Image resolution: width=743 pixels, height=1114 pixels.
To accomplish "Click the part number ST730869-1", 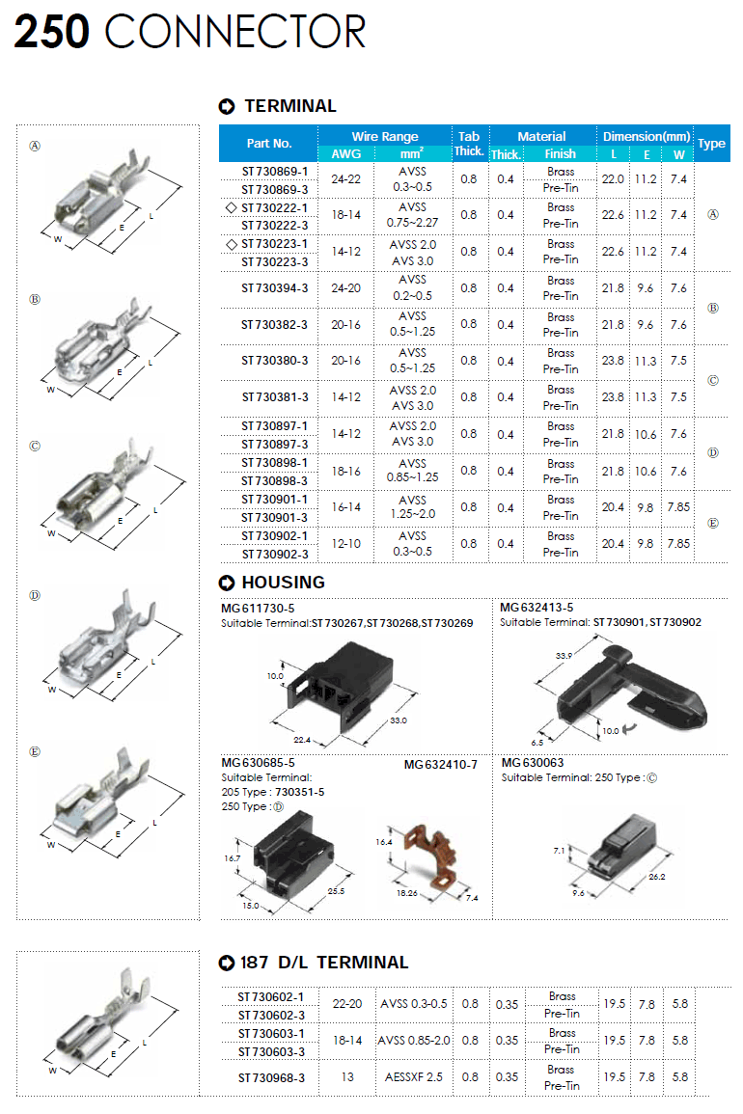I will click(x=274, y=171).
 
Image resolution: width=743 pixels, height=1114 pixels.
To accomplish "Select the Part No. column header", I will click(x=268, y=143).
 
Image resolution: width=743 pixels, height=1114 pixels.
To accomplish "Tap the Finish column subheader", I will click(x=560, y=153).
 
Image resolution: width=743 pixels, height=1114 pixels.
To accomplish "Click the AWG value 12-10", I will click(x=346, y=544).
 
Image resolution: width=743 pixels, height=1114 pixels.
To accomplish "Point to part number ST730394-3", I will click(x=274, y=287).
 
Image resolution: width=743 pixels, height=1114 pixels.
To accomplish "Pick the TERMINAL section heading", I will click(x=289, y=106).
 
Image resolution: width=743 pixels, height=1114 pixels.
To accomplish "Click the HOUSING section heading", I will click(x=283, y=583).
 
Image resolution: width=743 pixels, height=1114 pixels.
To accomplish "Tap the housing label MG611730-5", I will click(x=258, y=608).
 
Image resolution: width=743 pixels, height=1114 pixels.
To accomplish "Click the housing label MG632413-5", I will click(x=537, y=608).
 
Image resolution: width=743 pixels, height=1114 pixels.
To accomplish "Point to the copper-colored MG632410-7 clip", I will click(x=418, y=856).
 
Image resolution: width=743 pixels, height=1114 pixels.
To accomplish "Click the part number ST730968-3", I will click(x=272, y=1077).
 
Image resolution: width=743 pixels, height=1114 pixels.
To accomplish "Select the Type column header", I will click(x=711, y=143).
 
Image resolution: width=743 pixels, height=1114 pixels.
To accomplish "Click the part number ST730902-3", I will click(x=274, y=554).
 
